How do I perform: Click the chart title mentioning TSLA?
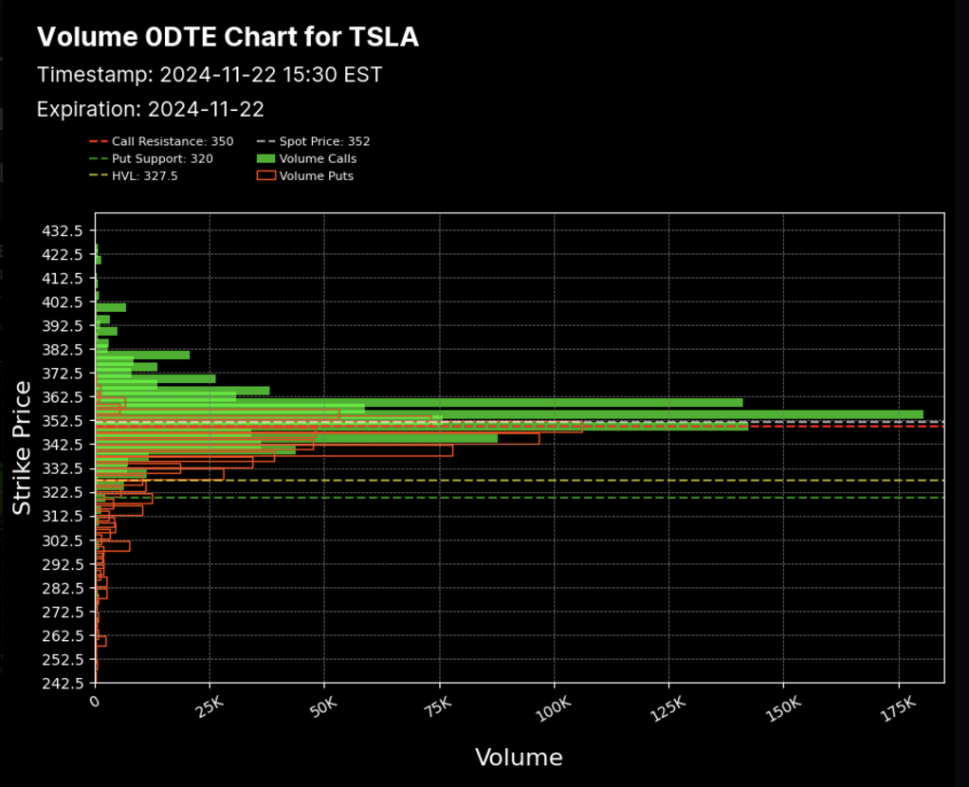228,37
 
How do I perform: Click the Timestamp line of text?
209,74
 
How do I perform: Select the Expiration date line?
150,109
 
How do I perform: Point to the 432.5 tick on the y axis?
66,230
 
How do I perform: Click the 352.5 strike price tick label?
66,420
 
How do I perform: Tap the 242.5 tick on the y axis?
66,682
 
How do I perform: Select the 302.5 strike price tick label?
66,540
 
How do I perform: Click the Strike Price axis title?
23,448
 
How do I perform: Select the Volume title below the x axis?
519,758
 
